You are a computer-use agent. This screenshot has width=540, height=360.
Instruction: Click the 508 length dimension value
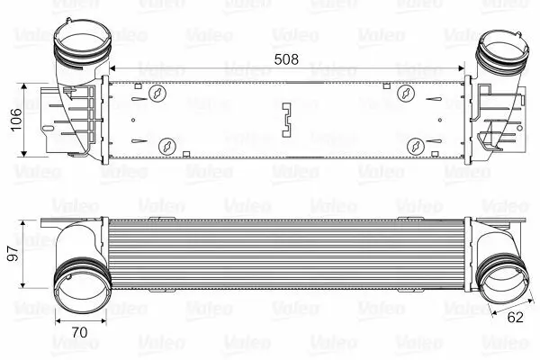tap(286, 59)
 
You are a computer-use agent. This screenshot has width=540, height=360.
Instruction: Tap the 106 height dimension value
tap(16, 120)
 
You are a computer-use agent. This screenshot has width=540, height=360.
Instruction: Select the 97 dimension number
tap(13, 254)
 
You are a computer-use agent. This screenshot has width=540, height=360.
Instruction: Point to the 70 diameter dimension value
tap(79, 332)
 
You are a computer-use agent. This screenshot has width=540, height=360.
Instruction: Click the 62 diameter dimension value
tap(515, 318)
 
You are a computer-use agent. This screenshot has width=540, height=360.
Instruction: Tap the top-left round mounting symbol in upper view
tap(157, 93)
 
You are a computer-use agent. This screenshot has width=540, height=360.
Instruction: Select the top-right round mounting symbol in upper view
tap(406, 93)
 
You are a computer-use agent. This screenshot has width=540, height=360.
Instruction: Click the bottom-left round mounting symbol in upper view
tap(167, 147)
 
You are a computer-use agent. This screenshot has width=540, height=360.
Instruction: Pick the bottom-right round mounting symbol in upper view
tap(416, 147)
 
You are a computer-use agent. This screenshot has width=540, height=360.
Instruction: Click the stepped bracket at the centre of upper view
tap(287, 120)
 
